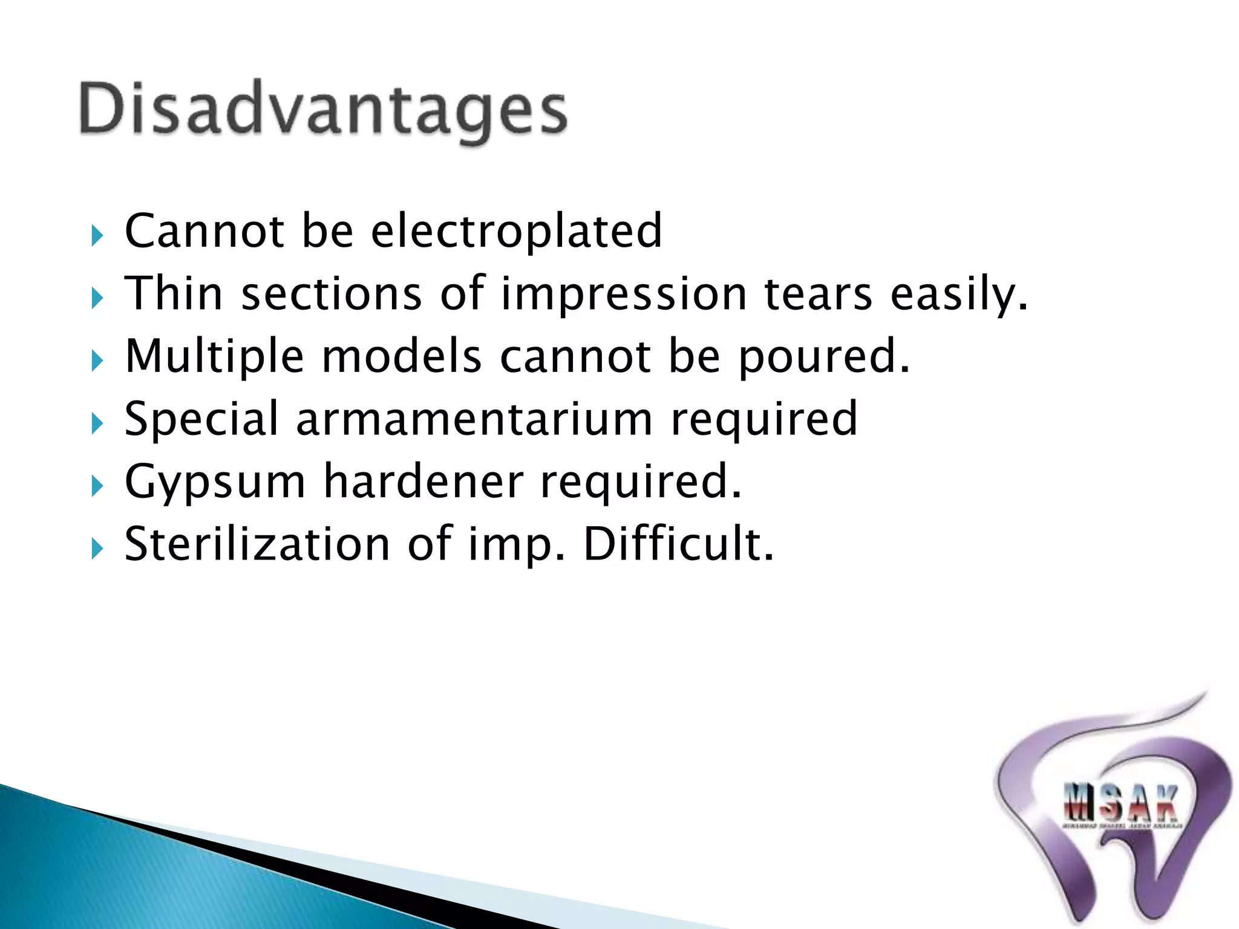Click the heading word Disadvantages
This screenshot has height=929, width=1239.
(323, 110)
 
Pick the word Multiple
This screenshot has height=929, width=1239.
(214, 356)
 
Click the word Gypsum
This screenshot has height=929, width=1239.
(215, 483)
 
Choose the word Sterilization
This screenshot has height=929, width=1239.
(257, 544)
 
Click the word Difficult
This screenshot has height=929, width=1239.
(678, 544)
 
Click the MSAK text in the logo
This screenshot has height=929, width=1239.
(1120, 803)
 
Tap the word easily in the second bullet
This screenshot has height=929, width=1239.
(958, 295)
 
